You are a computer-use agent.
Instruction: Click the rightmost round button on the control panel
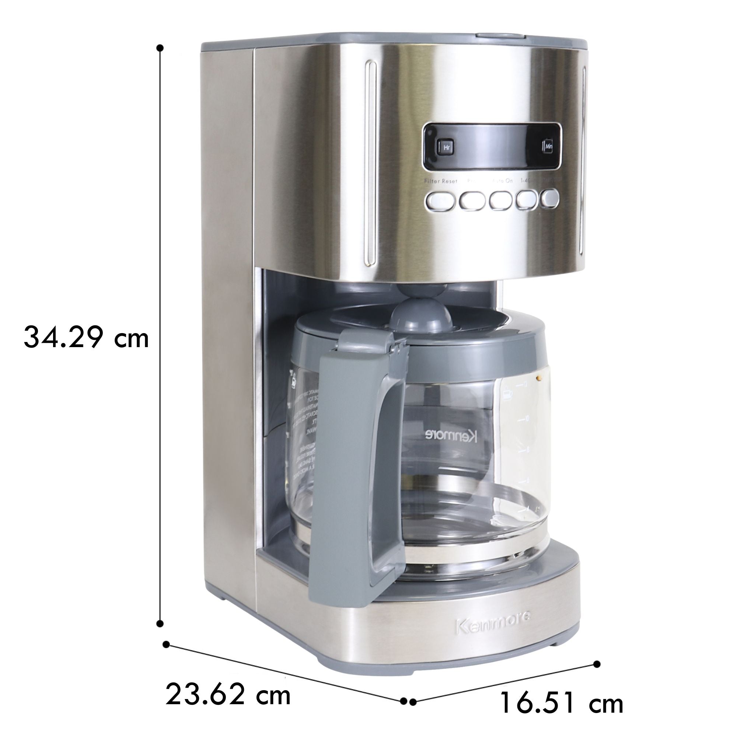(550, 198)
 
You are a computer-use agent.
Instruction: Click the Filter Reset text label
(441, 181)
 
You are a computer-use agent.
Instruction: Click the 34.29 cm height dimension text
(86, 337)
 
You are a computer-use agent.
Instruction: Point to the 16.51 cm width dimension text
(561, 702)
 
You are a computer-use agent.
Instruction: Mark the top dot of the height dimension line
(160, 48)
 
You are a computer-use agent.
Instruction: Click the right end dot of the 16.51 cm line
(597, 653)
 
